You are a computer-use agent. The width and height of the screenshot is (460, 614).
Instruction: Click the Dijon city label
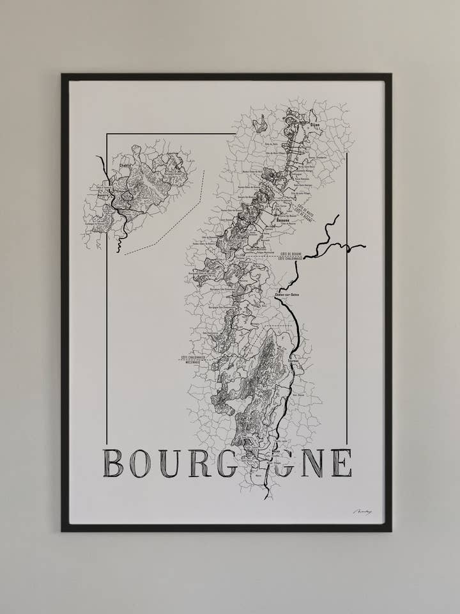coord(314,125)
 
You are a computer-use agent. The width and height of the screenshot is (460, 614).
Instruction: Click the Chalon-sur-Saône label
coord(286,294)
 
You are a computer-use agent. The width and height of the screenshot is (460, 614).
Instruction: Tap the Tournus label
coord(294,361)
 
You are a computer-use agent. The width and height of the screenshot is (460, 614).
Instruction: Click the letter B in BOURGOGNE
coord(113,462)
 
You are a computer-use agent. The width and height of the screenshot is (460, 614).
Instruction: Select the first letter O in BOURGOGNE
coord(140,462)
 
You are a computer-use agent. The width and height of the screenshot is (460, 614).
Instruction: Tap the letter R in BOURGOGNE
coord(199,462)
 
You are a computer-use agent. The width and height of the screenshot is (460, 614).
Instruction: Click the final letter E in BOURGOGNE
coord(341,462)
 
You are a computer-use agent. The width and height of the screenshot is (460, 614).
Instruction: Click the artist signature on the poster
coord(362,512)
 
